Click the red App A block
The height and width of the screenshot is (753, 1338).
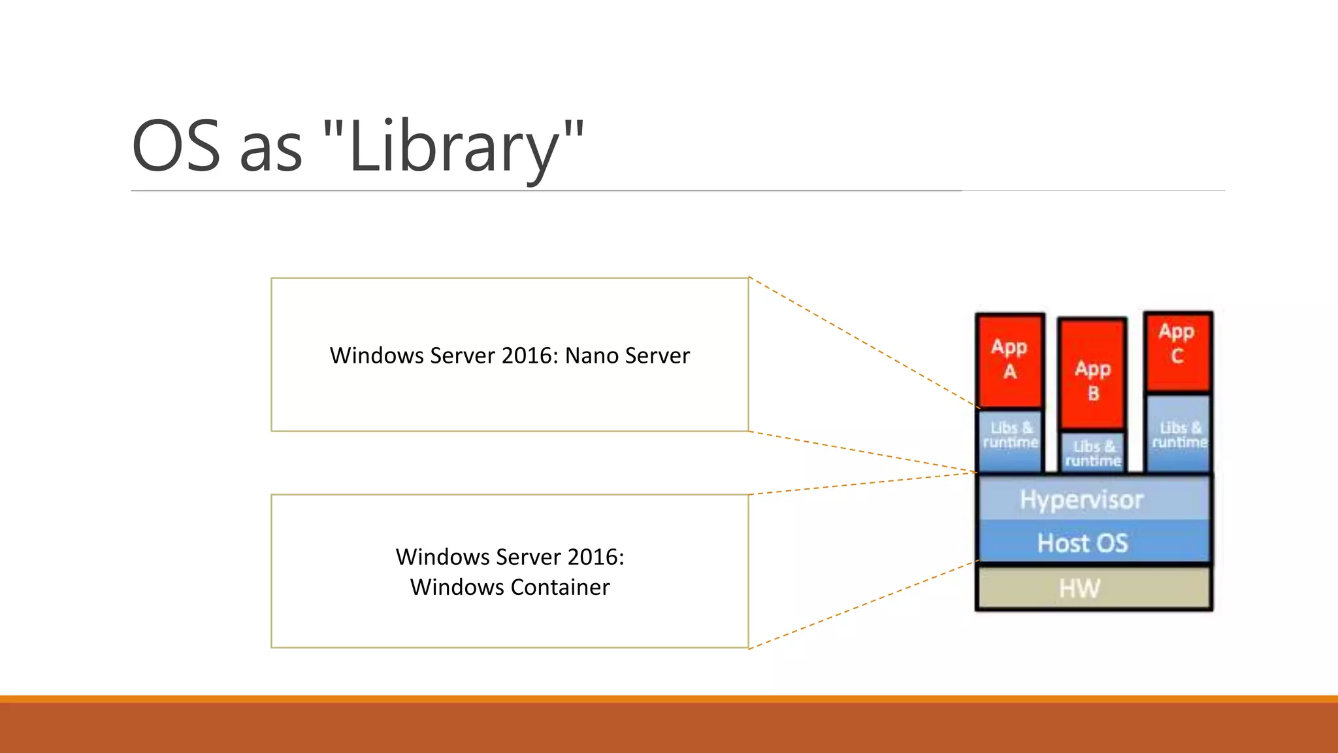(1009, 360)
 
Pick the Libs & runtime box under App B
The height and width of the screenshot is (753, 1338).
(1092, 452)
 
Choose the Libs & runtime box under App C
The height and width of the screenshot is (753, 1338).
(1179, 434)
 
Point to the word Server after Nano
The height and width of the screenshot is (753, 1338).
(657, 356)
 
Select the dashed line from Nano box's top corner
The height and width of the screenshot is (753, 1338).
(862, 343)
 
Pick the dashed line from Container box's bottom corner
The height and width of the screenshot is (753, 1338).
(862, 605)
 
